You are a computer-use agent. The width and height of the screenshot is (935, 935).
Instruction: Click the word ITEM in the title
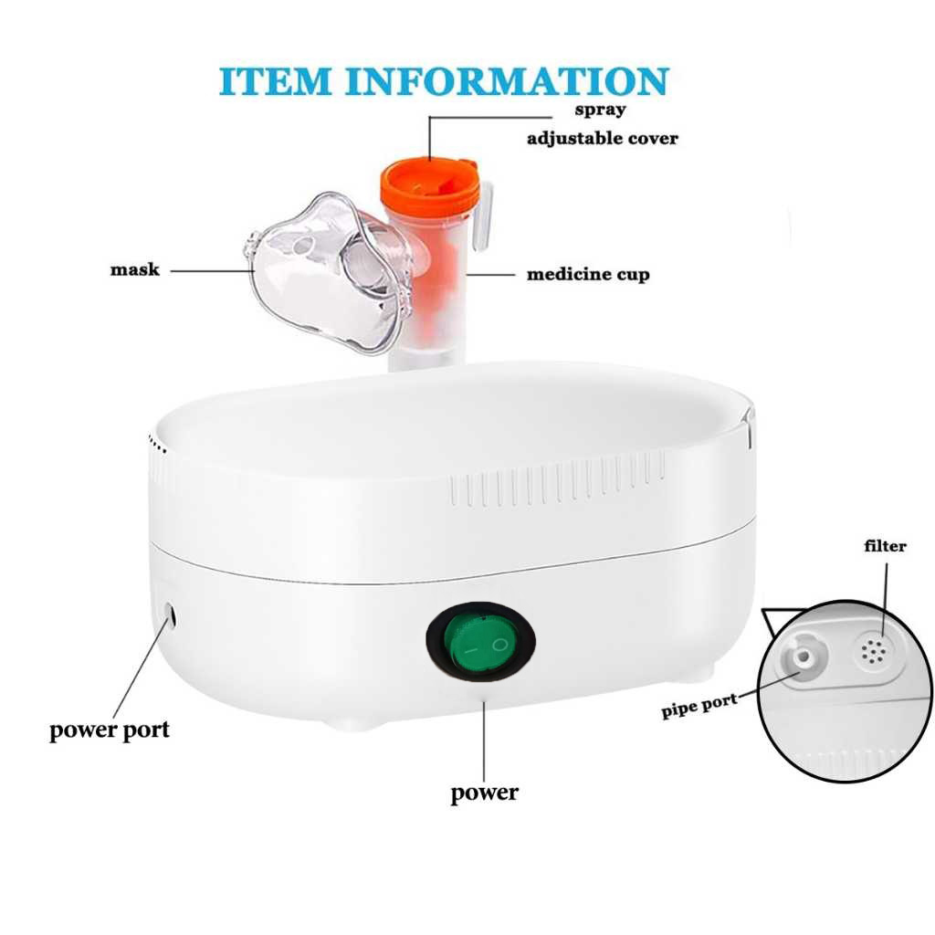[x=274, y=81]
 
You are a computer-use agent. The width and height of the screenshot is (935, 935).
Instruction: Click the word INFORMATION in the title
[x=508, y=81]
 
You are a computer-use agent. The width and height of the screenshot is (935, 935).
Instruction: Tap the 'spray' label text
[x=600, y=110]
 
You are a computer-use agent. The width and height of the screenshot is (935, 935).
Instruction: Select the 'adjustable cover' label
[x=603, y=139]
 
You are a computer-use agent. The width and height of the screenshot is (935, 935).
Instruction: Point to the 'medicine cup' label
[x=588, y=274]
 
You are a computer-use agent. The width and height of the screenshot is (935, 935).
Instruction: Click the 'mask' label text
[x=135, y=269]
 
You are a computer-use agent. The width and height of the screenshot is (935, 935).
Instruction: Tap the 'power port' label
[x=110, y=730]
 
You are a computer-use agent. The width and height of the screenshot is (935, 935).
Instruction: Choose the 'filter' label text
[x=885, y=546]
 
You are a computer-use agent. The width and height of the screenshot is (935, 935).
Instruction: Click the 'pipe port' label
[x=699, y=706]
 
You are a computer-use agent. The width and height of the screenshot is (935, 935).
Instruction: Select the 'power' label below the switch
[x=484, y=793]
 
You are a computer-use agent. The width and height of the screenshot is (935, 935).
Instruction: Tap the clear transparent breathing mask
[x=330, y=273]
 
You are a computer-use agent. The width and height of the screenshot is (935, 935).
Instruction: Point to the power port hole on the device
[x=170, y=615]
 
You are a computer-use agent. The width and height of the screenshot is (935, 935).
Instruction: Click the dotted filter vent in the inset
[x=873, y=652]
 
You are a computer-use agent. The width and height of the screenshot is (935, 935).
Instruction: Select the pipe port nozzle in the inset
[x=804, y=657]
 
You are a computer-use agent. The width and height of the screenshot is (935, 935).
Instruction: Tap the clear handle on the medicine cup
[x=484, y=215]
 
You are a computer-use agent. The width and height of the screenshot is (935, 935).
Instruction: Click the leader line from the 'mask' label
[x=212, y=270]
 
